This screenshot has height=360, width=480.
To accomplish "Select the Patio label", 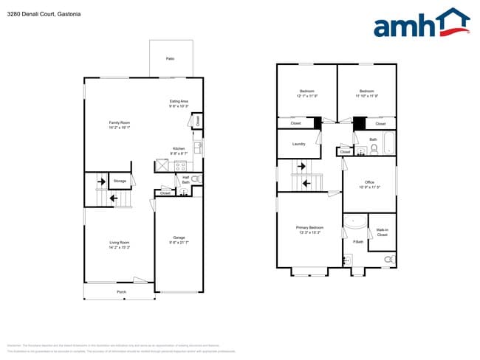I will tap(170, 58).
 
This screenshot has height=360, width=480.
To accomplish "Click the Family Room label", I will tap(119, 125).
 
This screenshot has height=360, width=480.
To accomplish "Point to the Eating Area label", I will tap(179, 103).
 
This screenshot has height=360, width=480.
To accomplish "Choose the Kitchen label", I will tap(179, 150).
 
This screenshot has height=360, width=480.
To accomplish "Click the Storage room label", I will tap(120, 181).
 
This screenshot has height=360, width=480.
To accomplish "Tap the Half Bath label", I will tap(185, 179).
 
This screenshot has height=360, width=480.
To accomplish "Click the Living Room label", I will tap(119, 245).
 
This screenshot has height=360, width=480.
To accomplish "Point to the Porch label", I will tap(122, 293).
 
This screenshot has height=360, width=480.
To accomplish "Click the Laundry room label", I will tap(298, 144).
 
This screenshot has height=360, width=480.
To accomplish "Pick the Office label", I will tap(369, 184).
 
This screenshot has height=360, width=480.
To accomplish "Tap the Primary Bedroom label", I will tap(310, 229).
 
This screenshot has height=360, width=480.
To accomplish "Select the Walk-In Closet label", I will tap(382, 232).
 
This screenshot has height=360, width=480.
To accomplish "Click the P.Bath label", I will tap(358, 242).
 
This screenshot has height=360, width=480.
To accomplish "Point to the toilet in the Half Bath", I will tap(196, 179).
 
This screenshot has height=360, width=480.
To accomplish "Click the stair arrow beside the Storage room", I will tap(114, 198).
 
